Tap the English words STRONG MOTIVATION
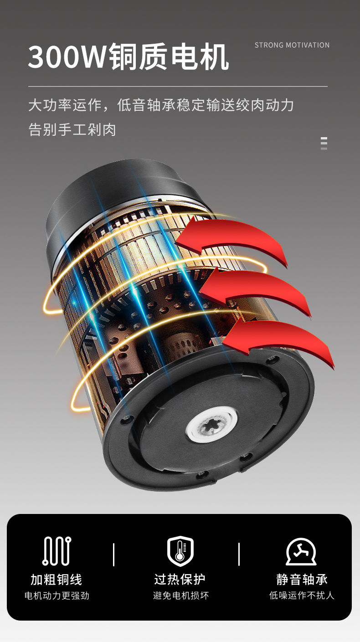pos(292,45)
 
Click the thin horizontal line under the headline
pos(178,86)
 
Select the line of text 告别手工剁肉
pos(72,129)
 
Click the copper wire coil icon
pos(57,551)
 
